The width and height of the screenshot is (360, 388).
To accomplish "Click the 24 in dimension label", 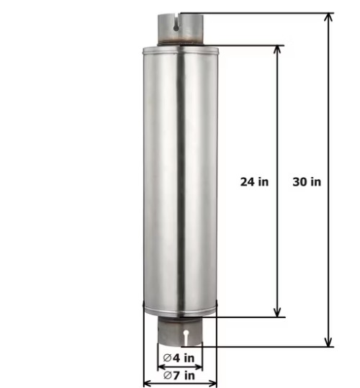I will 254,181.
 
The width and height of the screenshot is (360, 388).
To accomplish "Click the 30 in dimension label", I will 307,181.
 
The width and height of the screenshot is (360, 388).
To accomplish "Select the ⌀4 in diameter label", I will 179,358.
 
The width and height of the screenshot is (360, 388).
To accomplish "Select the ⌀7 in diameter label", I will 179,375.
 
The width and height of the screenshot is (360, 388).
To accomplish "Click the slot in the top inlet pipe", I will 176,24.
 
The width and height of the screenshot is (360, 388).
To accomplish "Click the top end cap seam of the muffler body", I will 180,50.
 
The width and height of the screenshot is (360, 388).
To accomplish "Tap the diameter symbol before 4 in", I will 167,358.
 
